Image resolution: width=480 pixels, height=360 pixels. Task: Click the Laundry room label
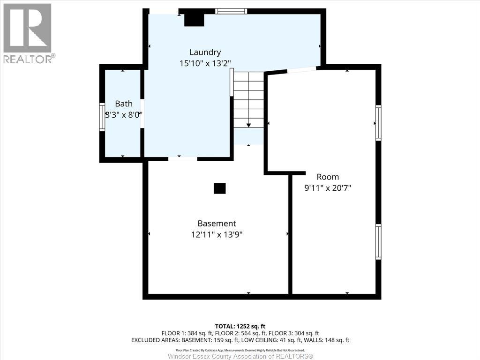205,52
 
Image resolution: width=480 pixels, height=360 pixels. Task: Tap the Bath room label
124,104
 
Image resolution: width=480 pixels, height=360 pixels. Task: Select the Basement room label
217,224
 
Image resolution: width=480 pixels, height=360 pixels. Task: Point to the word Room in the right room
328,177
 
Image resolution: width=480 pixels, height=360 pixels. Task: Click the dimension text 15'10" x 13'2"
205,63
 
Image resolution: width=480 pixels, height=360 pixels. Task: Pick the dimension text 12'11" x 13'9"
217,234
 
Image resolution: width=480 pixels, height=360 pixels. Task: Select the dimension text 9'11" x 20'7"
328,188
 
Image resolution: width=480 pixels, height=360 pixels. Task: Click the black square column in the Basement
219,188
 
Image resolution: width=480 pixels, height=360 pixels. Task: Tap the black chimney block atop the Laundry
194,19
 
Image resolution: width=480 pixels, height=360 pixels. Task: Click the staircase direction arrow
248,125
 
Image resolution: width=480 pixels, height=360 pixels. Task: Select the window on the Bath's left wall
102,116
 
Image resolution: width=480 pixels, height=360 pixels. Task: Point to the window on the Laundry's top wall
231,11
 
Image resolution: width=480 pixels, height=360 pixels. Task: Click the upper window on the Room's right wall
378,123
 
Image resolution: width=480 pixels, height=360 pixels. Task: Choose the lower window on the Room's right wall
378,241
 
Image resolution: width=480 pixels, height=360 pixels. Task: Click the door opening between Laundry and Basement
182,159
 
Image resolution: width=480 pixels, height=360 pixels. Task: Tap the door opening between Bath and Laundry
142,113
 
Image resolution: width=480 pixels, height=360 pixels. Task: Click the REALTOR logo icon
27,28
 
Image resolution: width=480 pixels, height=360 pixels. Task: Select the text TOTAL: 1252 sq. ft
240,326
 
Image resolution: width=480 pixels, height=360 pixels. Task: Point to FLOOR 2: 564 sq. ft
240,333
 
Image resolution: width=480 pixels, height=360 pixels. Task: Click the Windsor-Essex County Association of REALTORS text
240,356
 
